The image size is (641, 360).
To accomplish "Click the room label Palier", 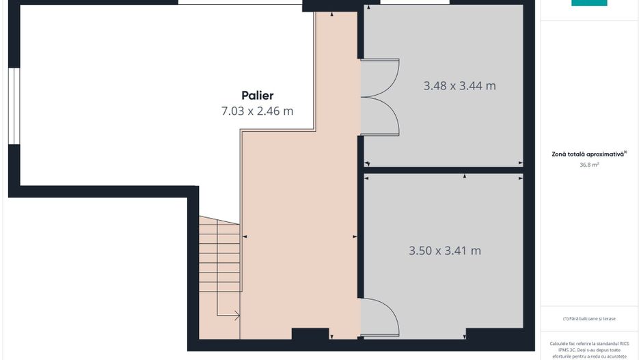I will [x=257, y=96].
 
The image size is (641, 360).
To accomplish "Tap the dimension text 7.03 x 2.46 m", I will [x=257, y=111].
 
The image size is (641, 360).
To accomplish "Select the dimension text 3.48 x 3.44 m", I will [x=459, y=86].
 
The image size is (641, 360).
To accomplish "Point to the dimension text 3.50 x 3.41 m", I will [x=445, y=251].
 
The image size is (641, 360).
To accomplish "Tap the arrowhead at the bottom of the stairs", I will [x=236, y=316].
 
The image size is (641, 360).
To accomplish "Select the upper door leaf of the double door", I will [x=380, y=76].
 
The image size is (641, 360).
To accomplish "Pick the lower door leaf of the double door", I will [x=380, y=116].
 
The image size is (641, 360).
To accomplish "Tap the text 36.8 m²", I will [x=589, y=164].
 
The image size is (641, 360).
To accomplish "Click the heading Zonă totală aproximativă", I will [x=588, y=154].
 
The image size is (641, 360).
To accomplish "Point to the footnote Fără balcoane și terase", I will [x=589, y=318].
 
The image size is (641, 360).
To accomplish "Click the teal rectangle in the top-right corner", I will [x=589, y=3].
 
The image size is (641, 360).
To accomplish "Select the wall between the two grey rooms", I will [x=444, y=170].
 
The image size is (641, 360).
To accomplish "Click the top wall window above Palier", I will [x=240, y=2].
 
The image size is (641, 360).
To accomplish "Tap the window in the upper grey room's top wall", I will [x=415, y=2].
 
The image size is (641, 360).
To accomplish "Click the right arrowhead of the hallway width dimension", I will [x=355, y=236].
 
